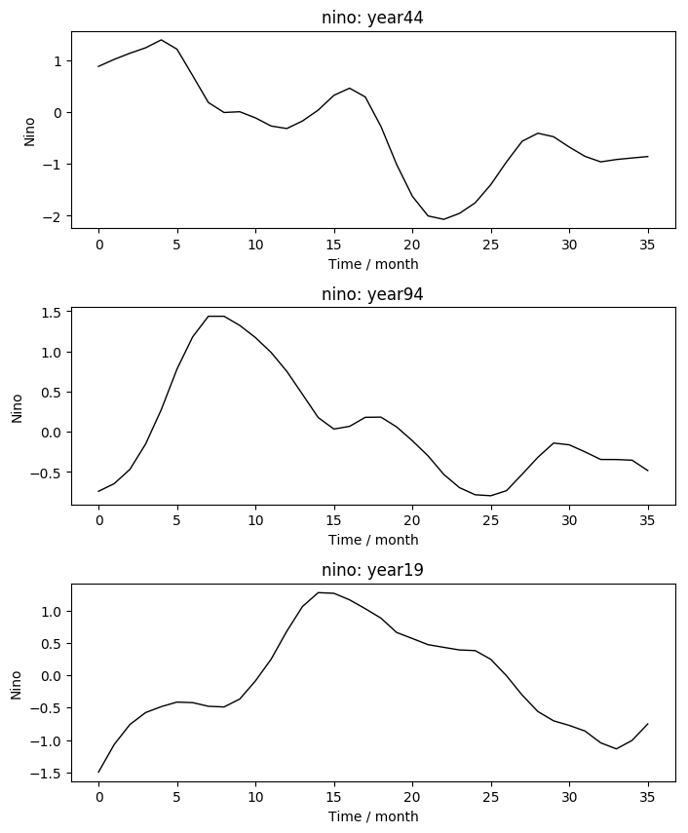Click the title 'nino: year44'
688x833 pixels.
[372, 18]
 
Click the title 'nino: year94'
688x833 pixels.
[372, 294]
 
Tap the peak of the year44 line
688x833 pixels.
[162, 40]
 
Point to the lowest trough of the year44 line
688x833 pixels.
[443, 219]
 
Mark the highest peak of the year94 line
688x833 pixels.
[216, 316]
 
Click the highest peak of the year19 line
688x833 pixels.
[319, 592]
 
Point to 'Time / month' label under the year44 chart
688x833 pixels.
[372, 263]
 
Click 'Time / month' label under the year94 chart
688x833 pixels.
[372, 540]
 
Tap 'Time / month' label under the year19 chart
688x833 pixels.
[372, 816]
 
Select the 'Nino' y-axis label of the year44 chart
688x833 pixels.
[29, 131]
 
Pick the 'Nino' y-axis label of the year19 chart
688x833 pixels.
[16, 684]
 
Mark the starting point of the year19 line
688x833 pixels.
[99, 772]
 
